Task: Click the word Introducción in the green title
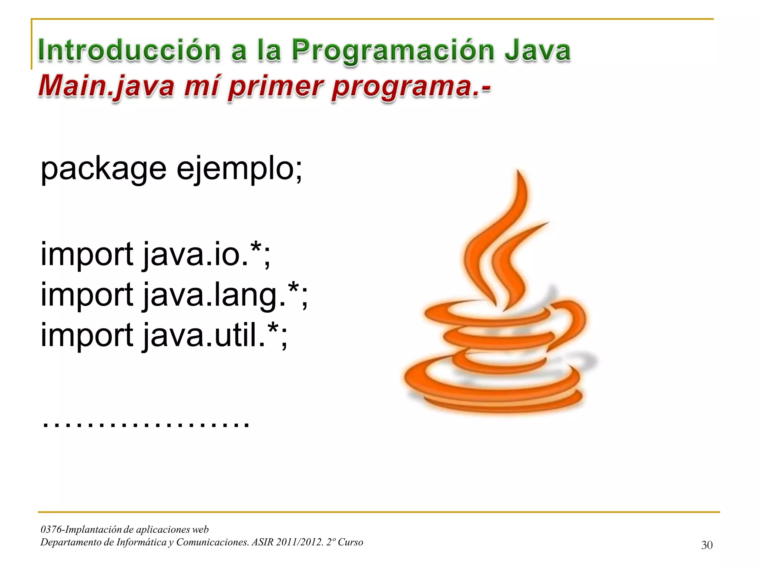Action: coord(130,50)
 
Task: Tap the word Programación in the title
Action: coord(393,51)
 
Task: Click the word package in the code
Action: coord(104,170)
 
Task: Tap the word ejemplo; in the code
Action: coord(239,170)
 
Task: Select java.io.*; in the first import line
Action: coord(207,255)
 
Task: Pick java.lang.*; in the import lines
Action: coord(225,296)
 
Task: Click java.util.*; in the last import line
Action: coord(215,336)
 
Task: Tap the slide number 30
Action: coord(707,545)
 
